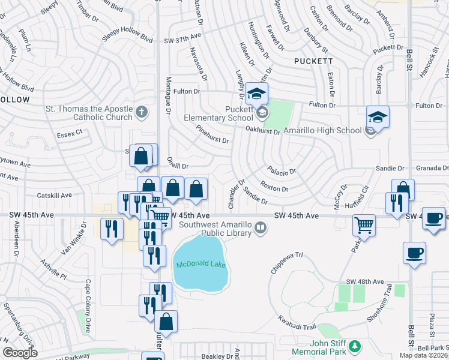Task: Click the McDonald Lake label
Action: pyautogui.click(x=201, y=265)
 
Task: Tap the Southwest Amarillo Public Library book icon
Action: pyautogui.click(x=260, y=227)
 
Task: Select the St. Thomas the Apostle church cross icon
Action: pyautogui.click(x=141, y=111)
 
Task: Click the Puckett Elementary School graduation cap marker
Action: pyautogui.click(x=256, y=95)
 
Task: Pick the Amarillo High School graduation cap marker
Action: pyautogui.click(x=378, y=117)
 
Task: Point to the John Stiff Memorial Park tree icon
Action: pyautogui.click(x=355, y=346)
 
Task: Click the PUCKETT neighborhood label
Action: pyautogui.click(x=313, y=61)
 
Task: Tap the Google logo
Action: pyautogui.click(x=20, y=353)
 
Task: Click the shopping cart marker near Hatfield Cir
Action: pyautogui.click(x=364, y=226)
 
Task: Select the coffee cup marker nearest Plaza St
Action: pyautogui.click(x=414, y=254)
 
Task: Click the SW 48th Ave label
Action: pyautogui.click(x=364, y=281)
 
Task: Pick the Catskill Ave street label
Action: pyautogui.click(x=54, y=195)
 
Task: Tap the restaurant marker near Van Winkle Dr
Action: pyautogui.click(x=111, y=230)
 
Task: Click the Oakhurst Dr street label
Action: pyautogui.click(x=263, y=130)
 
